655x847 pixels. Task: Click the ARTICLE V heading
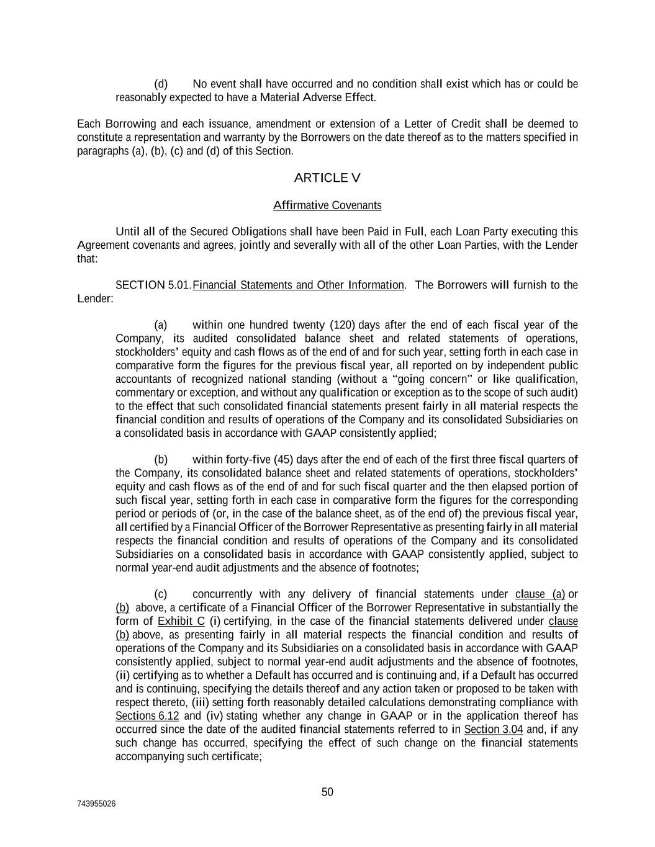coord(327,178)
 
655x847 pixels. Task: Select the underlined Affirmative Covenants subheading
coord(327,205)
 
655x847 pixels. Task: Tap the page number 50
coord(327,792)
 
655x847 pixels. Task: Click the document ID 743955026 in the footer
coord(96,804)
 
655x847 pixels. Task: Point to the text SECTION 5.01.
coord(153,285)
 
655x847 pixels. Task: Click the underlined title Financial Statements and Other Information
coord(299,285)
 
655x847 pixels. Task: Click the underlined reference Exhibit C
coord(181,622)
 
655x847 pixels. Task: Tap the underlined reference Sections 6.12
coord(147,716)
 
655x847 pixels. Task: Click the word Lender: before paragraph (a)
coord(96,299)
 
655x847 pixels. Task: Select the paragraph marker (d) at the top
coord(161,84)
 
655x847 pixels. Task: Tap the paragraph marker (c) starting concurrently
coord(161,594)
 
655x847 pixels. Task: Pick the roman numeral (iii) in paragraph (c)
coord(200,702)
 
